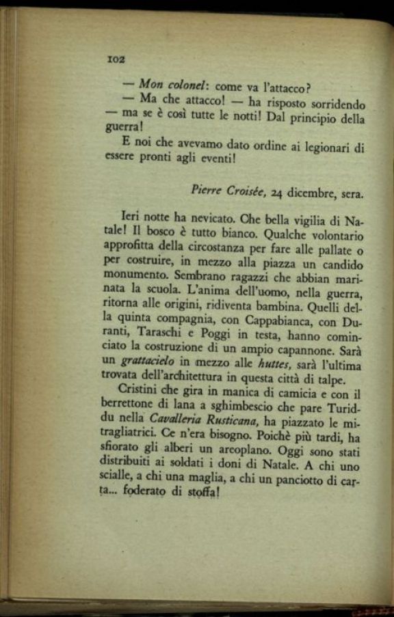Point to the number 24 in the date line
pos(277,192)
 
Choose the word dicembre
pos(312,193)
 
